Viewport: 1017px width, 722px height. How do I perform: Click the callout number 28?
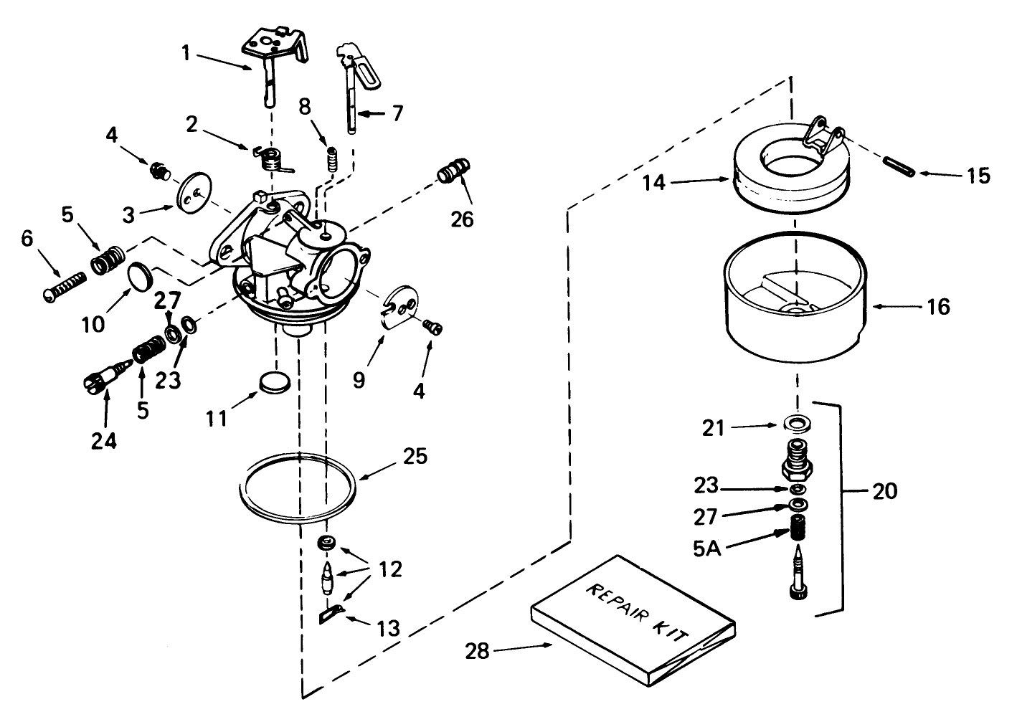tap(478, 651)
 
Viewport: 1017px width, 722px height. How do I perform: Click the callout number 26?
tap(463, 218)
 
